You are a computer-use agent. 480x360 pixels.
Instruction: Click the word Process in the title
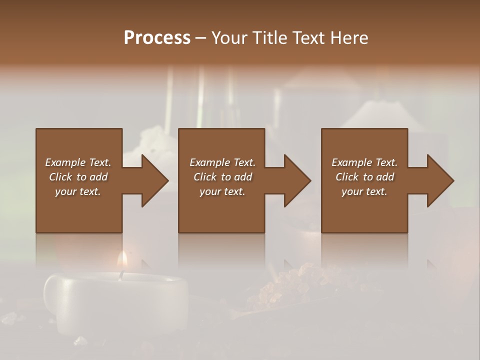[157, 38]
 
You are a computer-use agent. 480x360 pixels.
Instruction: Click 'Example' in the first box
[65, 162]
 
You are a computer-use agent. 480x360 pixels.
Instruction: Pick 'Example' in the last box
[351, 162]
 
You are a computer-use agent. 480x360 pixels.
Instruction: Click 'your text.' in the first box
[78, 191]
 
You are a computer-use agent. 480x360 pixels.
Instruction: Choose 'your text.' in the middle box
[222, 191]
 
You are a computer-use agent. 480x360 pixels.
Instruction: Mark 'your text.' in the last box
[364, 191]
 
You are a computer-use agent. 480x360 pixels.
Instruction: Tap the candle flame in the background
[121, 260]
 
